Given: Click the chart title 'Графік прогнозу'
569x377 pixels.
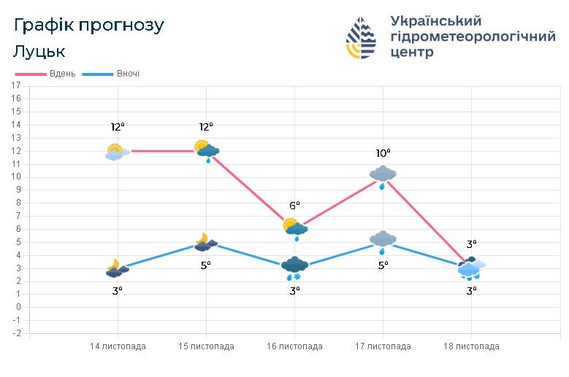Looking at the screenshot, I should [x=89, y=26].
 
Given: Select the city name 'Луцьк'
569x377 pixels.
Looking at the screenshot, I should [x=39, y=52].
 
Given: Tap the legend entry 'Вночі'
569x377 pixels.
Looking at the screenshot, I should [x=127, y=74].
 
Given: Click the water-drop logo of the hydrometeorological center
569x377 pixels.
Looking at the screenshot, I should [x=362, y=38].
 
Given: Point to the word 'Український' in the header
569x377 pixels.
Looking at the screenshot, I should [x=436, y=20].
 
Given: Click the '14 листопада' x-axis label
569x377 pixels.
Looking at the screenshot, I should [x=118, y=346].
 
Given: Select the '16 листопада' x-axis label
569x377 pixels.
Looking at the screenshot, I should [x=294, y=346].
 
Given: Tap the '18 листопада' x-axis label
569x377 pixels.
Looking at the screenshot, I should [x=471, y=346].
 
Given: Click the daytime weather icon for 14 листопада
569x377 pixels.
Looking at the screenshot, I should [x=117, y=152].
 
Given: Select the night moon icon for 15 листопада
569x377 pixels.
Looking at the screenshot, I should [x=205, y=242].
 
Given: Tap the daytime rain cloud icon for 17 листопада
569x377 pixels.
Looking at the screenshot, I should [x=383, y=176].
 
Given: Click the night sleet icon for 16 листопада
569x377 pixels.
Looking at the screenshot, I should [x=294, y=268].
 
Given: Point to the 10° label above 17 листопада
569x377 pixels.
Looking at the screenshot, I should [x=383, y=153].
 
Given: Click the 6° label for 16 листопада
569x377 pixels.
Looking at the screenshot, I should [x=294, y=206].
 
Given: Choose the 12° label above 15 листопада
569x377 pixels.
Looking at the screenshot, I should [x=206, y=127].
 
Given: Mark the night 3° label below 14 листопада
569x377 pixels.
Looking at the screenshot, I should [x=118, y=289].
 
